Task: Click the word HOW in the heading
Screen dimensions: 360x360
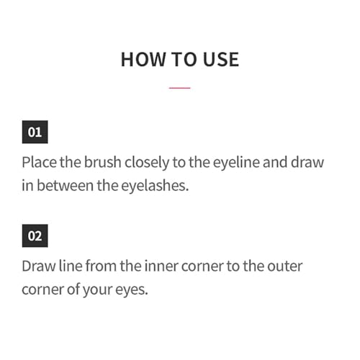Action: pyautogui.click(x=143, y=59)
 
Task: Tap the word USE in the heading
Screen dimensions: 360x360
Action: pyautogui.click(x=221, y=59)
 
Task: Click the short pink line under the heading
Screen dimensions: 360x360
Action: pyautogui.click(x=179, y=88)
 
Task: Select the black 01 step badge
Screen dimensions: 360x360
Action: pyautogui.click(x=35, y=132)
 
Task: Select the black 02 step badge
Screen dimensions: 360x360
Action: pyautogui.click(x=35, y=235)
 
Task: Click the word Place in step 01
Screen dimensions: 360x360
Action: pyautogui.click(x=40, y=162)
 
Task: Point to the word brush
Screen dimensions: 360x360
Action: pyautogui.click(x=102, y=162)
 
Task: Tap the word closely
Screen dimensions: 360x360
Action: pyautogui.click(x=147, y=163)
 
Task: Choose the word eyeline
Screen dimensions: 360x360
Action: pyautogui.click(x=236, y=163)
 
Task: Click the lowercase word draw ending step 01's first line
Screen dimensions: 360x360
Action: pyautogui.click(x=307, y=162)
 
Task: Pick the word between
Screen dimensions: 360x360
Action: pyautogui.click(x=65, y=186)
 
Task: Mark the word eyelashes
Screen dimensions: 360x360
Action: pyautogui.click(x=155, y=186)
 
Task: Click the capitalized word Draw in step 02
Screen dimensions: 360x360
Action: pyautogui.click(x=39, y=266)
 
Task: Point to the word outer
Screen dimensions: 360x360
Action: pyautogui.click(x=285, y=266)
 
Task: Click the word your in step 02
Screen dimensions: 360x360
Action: pyautogui.click(x=98, y=290)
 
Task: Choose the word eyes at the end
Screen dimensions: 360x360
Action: pyautogui.click(x=132, y=290)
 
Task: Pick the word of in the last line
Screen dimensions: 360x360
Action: pyautogui.click(x=73, y=289)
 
